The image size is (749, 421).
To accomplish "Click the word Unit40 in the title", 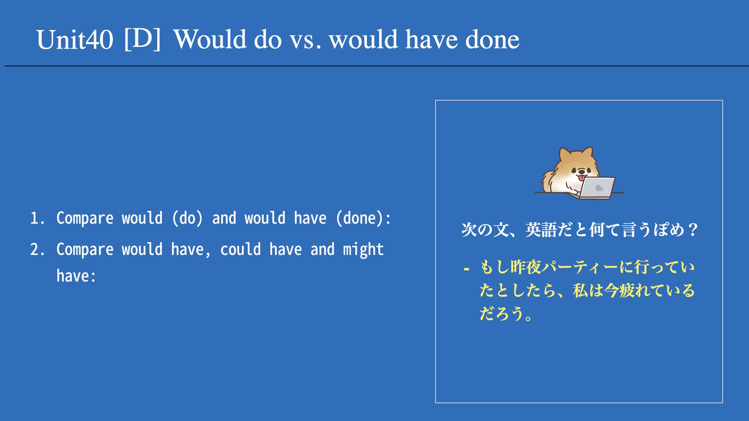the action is (x=75, y=40).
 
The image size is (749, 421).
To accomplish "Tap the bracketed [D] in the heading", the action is (x=142, y=39).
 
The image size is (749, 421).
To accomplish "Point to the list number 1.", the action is (x=37, y=218).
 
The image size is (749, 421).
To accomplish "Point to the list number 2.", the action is (x=37, y=249).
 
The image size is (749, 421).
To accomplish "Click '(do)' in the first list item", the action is (x=187, y=218).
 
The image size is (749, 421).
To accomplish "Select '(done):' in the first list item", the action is (x=363, y=218).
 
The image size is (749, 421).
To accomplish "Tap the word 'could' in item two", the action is (x=240, y=249).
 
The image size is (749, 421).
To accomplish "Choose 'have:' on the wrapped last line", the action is (x=76, y=276).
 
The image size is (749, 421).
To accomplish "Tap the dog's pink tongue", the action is (x=582, y=178).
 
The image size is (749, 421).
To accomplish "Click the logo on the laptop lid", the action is (x=599, y=188).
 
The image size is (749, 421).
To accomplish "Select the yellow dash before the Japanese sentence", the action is (x=466, y=269).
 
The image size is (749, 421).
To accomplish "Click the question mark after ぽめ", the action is (x=693, y=230).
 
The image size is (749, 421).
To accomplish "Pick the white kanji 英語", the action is (x=541, y=230).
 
